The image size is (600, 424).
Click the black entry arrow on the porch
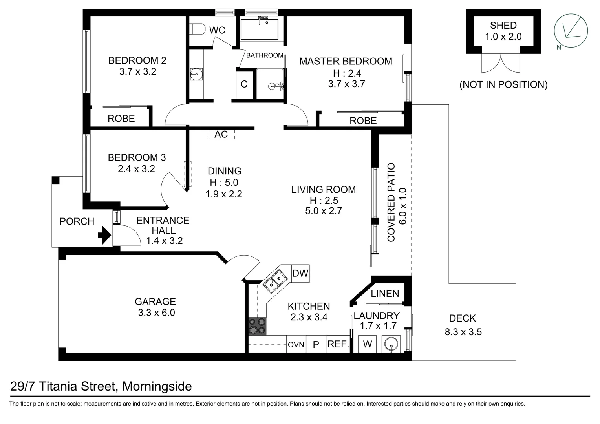(104, 236)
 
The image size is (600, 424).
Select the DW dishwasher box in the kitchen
(300, 273)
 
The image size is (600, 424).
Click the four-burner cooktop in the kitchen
(257, 326)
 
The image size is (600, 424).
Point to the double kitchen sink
(274, 281)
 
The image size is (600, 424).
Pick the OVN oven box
(296, 345)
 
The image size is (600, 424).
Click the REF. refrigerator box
(338, 344)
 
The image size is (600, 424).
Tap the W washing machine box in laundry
(367, 344)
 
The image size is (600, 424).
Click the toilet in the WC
(198, 29)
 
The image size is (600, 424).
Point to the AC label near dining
(221, 134)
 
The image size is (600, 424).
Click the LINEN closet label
(385, 293)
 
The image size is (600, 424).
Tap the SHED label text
(503, 26)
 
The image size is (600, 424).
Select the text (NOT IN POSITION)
(503, 84)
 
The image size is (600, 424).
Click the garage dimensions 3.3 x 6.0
(156, 313)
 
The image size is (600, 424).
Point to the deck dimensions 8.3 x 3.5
(463, 332)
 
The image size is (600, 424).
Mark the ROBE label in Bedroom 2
(121, 118)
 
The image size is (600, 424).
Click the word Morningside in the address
(157, 386)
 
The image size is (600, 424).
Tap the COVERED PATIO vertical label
(391, 203)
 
